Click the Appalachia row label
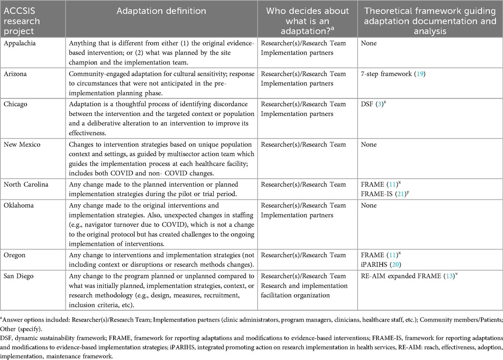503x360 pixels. [x=18, y=43]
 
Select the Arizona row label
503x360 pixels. [x=15, y=74]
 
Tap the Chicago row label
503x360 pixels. [x=16, y=104]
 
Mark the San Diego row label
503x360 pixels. [x=18, y=276]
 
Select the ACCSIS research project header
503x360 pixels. [x=22, y=21]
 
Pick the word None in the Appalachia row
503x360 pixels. [x=370, y=43]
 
